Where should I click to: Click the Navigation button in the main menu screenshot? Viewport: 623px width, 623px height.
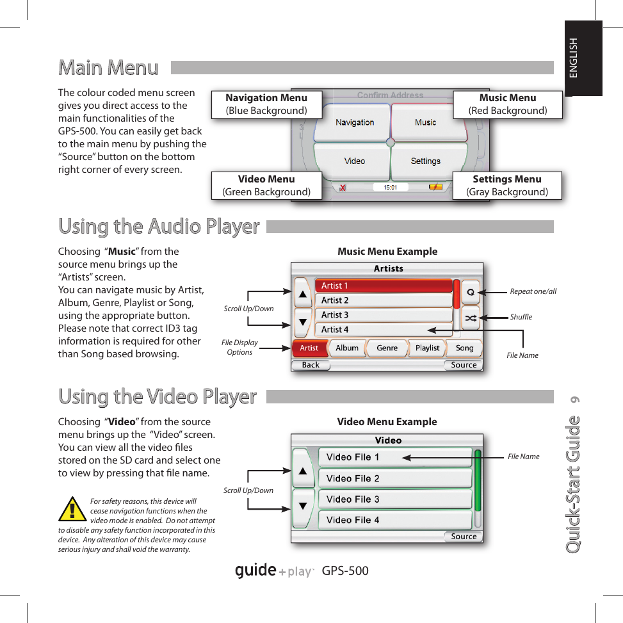[x=355, y=122]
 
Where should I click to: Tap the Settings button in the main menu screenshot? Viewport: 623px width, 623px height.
[x=425, y=161]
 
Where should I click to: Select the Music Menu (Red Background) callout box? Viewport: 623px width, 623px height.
[x=507, y=104]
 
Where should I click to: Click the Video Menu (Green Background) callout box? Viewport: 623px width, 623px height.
[x=266, y=186]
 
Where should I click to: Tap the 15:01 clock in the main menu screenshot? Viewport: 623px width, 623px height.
[x=390, y=188]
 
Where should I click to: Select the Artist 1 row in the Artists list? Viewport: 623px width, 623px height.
[x=383, y=286]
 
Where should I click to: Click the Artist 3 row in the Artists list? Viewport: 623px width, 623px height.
[x=383, y=315]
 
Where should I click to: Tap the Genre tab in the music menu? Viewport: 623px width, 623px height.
[x=387, y=348]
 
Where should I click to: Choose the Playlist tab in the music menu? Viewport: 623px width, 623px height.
[x=427, y=348]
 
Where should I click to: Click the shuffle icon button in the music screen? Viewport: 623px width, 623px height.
[x=471, y=318]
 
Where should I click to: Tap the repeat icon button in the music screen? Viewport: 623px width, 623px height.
[x=471, y=291]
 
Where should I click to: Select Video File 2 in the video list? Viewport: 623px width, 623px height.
[x=394, y=478]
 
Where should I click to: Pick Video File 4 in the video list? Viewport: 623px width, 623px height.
[x=394, y=520]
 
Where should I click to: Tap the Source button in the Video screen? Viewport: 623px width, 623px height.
[x=464, y=537]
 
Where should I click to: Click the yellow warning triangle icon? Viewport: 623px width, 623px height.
[x=72, y=510]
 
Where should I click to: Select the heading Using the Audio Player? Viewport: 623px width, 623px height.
[x=159, y=227]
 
